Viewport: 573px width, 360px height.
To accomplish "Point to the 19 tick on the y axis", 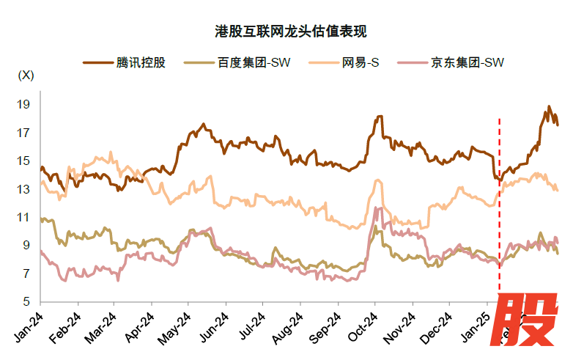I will point(23,105).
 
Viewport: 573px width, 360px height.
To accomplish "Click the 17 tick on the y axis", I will point(23,133).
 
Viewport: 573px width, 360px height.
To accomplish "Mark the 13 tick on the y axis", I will point(23,189).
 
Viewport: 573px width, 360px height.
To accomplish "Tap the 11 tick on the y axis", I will point(23,217).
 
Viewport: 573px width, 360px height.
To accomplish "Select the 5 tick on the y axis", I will point(26,301).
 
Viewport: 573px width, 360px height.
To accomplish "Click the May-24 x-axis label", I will point(177,326).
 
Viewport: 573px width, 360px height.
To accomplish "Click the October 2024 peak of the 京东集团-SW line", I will point(377,208).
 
